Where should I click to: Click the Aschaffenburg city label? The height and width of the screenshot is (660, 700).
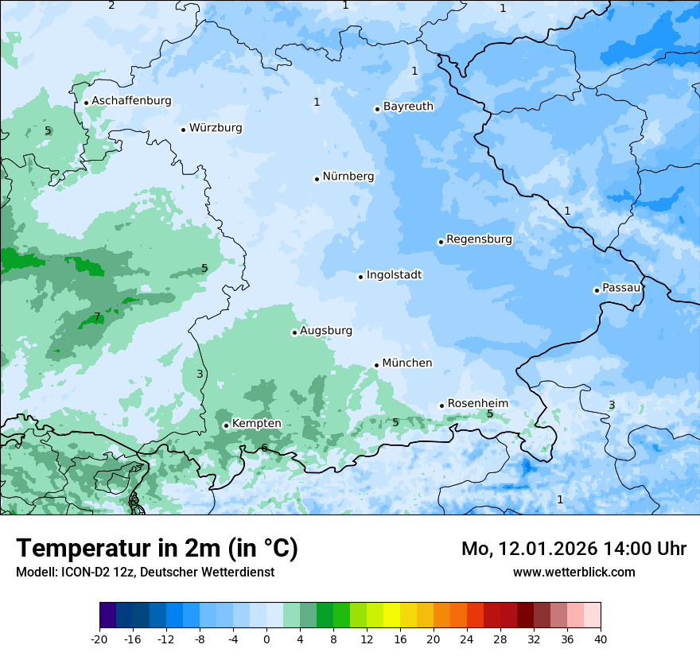[131, 101]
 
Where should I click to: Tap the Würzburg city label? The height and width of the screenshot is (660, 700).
[216, 128]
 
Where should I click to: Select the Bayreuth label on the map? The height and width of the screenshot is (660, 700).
[408, 107]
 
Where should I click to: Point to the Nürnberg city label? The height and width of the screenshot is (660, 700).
[348, 177]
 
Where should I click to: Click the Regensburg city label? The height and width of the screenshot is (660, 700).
[479, 239]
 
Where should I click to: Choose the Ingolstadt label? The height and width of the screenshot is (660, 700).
[394, 275]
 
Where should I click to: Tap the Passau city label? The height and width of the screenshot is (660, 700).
[620, 288]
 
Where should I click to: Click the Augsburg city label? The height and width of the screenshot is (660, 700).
[325, 331]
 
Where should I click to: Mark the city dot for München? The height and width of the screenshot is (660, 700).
[376, 365]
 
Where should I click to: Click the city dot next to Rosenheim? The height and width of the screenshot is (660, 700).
[441, 406]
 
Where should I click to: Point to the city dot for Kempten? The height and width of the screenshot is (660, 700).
[226, 425]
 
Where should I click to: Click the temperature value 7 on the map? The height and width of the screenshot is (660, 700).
[97, 317]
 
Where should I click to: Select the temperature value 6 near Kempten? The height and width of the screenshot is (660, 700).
[264, 448]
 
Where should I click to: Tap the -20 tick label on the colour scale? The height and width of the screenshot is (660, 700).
[99, 639]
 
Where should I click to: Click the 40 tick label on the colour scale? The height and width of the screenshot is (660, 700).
[600, 639]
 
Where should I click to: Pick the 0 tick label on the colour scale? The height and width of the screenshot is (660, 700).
[266, 639]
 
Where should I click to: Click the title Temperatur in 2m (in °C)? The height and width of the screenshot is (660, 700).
[157, 549]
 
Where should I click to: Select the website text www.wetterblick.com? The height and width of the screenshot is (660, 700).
[574, 573]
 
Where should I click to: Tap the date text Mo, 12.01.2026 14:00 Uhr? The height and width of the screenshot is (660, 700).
[574, 549]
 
